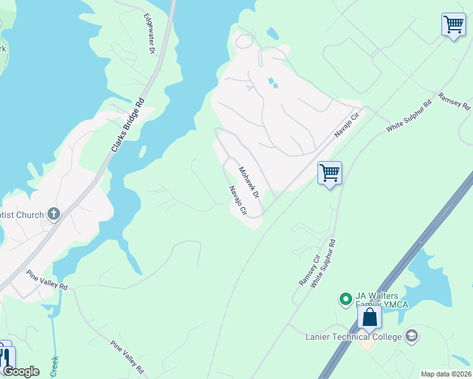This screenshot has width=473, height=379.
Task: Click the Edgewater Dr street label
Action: pos(149,33)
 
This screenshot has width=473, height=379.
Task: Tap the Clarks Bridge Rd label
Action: pos(128,124)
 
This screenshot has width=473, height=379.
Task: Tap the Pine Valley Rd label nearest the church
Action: pos(46,280)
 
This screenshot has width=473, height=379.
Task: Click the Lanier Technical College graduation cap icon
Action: pos(412,335)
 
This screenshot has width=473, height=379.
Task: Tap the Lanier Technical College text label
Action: pos(353,337)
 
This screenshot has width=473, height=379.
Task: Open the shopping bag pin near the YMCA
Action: pos(369,317)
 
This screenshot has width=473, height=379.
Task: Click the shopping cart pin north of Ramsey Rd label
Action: pos(453,25)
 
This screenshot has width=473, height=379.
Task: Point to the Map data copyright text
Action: pos(446,374)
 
